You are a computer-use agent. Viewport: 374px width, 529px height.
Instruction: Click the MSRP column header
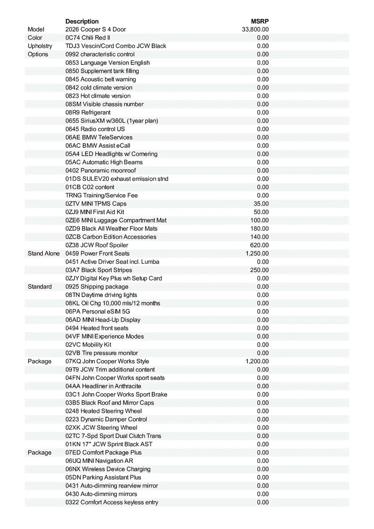click(x=260, y=21)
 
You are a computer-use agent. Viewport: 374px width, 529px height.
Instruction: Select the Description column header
click(x=82, y=21)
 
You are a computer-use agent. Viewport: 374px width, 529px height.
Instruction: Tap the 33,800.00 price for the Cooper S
click(x=255, y=30)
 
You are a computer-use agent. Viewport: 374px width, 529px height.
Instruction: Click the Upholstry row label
click(x=40, y=46)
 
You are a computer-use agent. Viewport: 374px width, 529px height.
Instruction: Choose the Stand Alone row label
click(x=44, y=253)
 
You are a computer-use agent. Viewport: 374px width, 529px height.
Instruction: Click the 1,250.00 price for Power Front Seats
click(x=257, y=253)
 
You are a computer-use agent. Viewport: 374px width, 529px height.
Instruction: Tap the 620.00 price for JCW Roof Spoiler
click(x=260, y=245)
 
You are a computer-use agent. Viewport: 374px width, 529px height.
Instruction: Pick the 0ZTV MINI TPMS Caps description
click(x=96, y=204)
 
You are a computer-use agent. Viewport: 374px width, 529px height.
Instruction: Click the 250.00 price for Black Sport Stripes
click(x=260, y=270)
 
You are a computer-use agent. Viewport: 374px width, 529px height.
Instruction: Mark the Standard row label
click(x=40, y=287)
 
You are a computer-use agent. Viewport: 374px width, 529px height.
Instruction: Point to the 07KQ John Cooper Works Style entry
click(x=107, y=361)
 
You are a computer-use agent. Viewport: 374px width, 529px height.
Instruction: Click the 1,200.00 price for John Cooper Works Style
click(x=257, y=361)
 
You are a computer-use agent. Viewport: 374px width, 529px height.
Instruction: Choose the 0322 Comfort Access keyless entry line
click(x=112, y=503)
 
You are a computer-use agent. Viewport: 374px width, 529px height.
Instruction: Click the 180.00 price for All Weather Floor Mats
click(x=260, y=228)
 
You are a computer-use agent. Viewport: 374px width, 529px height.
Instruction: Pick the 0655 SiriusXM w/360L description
click(x=112, y=121)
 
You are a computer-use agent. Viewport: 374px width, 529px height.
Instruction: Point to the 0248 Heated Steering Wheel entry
click(x=104, y=411)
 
